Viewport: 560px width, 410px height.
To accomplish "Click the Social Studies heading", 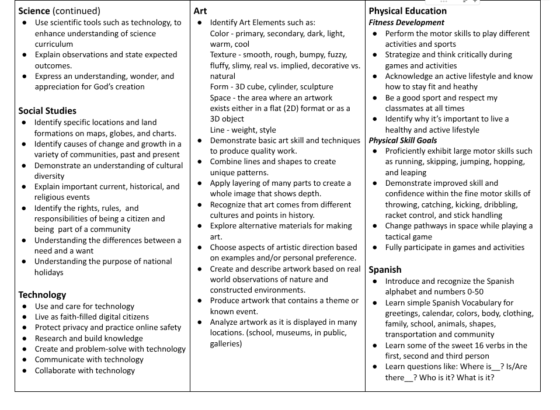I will [x=47, y=110].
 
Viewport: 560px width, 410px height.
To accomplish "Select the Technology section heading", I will [x=42, y=294].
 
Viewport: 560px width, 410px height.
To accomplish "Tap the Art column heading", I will [x=200, y=11].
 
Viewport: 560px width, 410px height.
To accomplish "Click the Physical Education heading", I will [x=408, y=11].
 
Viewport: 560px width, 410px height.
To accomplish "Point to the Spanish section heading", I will [x=385, y=269].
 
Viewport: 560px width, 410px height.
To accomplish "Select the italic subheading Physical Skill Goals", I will [x=403, y=140].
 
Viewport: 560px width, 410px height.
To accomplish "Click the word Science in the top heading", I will [x=34, y=11].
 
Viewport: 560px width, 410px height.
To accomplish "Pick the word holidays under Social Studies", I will [x=48, y=272].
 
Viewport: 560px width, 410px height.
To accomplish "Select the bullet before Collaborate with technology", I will [x=24, y=370].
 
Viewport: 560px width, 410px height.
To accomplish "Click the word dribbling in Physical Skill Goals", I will [x=498, y=204].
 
